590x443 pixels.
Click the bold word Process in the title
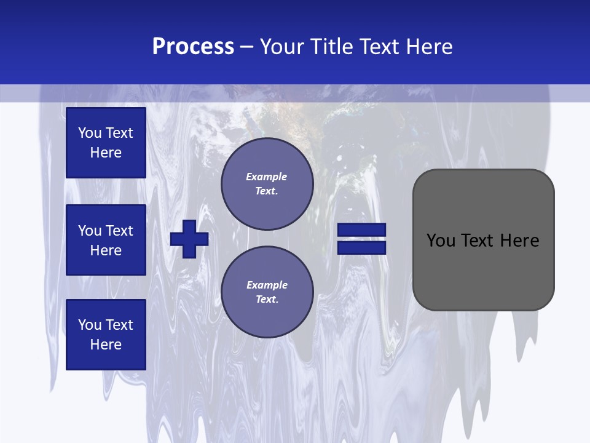coord(193,47)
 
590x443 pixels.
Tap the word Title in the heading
coord(331,47)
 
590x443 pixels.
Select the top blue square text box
coord(106,143)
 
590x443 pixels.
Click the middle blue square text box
coord(106,240)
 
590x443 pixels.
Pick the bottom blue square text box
coord(106,335)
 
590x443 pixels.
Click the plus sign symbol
coord(189,239)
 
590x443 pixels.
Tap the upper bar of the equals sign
coord(362,230)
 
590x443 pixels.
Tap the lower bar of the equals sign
coord(362,247)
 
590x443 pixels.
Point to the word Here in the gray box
coord(520,241)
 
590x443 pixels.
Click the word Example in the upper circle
coord(267,177)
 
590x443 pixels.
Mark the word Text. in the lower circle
coord(267,300)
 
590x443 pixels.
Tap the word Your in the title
coord(280,47)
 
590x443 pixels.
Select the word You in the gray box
coord(440,241)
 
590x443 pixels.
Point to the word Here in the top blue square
coord(106,153)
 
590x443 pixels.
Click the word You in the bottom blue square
coord(90,325)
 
